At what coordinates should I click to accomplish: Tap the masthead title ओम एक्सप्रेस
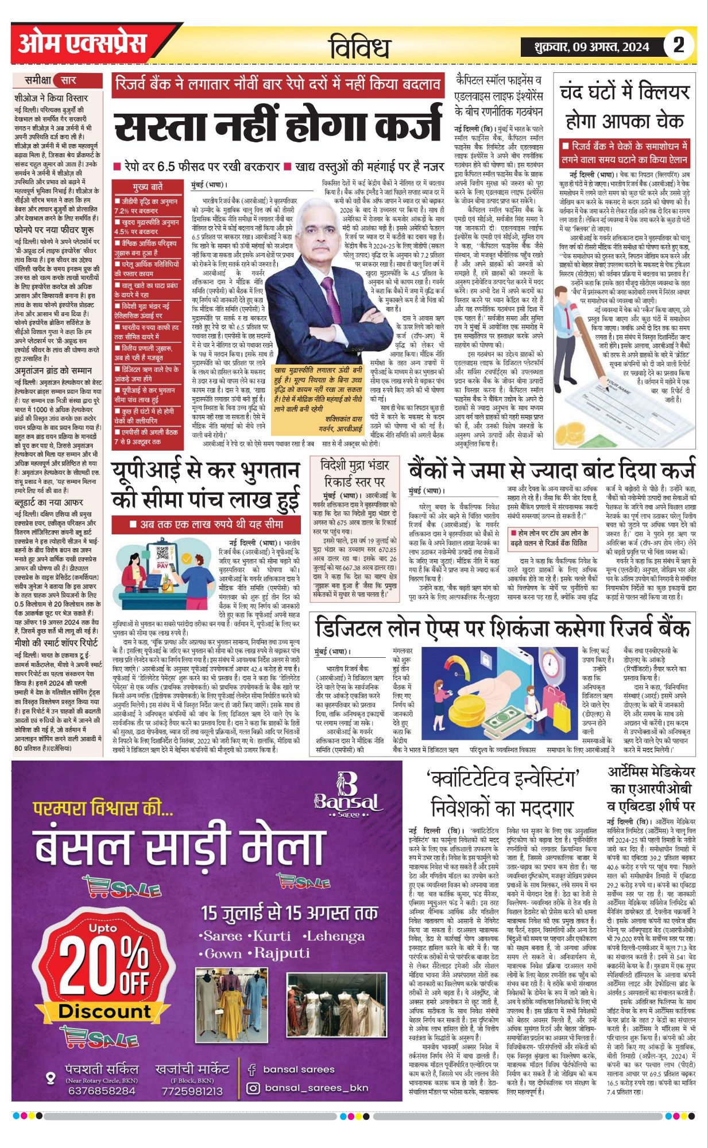click(83, 44)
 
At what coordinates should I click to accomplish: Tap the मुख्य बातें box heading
click(147, 187)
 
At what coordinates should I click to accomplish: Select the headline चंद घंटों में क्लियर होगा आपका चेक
click(624, 106)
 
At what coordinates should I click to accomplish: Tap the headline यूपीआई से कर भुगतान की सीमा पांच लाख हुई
click(206, 484)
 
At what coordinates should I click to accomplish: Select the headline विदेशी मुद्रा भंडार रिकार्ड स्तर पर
click(354, 472)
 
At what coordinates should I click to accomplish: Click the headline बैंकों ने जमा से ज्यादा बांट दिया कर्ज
click(551, 470)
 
